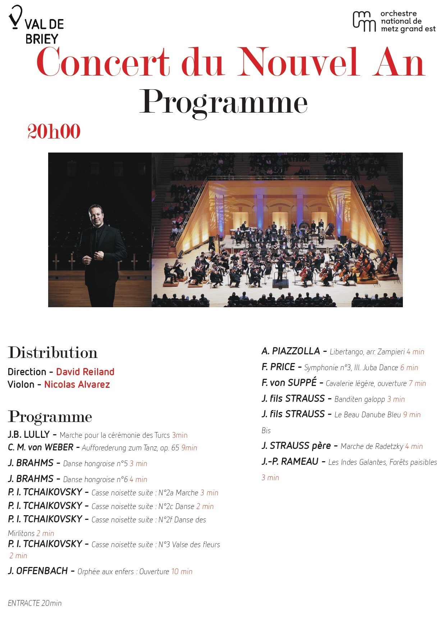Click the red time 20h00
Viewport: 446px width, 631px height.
click(54, 132)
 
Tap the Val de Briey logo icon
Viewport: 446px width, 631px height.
click(15, 17)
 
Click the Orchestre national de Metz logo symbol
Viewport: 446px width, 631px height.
click(364, 21)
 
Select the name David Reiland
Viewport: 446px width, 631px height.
click(85, 372)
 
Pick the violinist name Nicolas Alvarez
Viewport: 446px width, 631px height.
click(77, 385)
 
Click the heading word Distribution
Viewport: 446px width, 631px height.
click(53, 353)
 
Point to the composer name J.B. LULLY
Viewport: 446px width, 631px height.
click(29, 435)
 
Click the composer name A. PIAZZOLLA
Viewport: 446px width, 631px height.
click(290, 351)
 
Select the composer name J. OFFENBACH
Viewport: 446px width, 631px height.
click(38, 571)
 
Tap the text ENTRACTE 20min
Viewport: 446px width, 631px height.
click(35, 603)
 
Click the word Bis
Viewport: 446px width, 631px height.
click(266, 431)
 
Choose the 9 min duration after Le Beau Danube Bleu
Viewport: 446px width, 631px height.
click(411, 415)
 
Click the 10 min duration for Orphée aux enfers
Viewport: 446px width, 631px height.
click(182, 572)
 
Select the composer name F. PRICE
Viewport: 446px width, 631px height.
click(278, 367)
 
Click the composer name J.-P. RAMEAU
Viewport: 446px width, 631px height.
click(290, 462)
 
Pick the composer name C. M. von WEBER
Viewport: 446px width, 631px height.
click(41, 448)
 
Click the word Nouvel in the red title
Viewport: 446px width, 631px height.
click(298, 63)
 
